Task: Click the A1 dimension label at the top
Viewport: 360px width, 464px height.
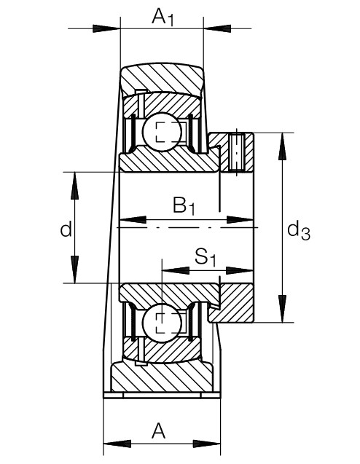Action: tap(163, 17)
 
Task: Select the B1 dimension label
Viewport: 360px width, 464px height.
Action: tap(184, 205)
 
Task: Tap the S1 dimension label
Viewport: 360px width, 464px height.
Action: tap(206, 257)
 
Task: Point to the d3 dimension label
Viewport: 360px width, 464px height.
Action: tap(299, 231)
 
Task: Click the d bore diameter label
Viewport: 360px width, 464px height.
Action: tap(66, 229)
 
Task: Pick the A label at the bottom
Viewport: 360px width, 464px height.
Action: tap(158, 431)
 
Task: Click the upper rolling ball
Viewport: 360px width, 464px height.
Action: tap(162, 132)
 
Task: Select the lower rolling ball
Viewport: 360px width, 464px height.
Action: tap(162, 323)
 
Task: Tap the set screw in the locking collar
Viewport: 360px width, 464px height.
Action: tap(237, 152)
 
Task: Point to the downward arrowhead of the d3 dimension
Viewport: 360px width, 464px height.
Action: tap(283, 309)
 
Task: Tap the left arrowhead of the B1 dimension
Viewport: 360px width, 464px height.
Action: tap(133, 219)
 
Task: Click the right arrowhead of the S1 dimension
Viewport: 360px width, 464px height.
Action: tap(240, 270)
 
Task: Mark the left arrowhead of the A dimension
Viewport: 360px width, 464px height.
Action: tap(117, 444)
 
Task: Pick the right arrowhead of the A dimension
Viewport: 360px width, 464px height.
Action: tap(207, 444)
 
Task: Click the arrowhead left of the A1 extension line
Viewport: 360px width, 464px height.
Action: tap(106, 28)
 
